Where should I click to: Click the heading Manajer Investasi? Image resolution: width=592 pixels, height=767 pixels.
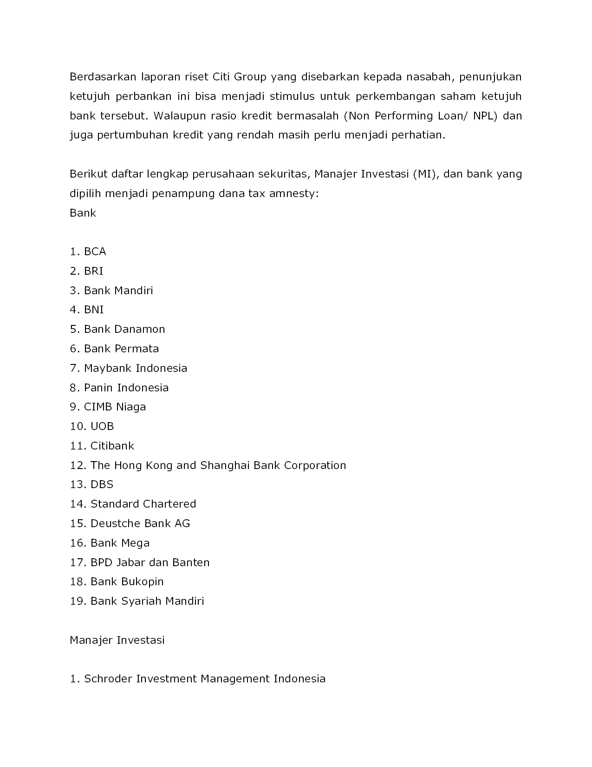pos(117,640)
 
